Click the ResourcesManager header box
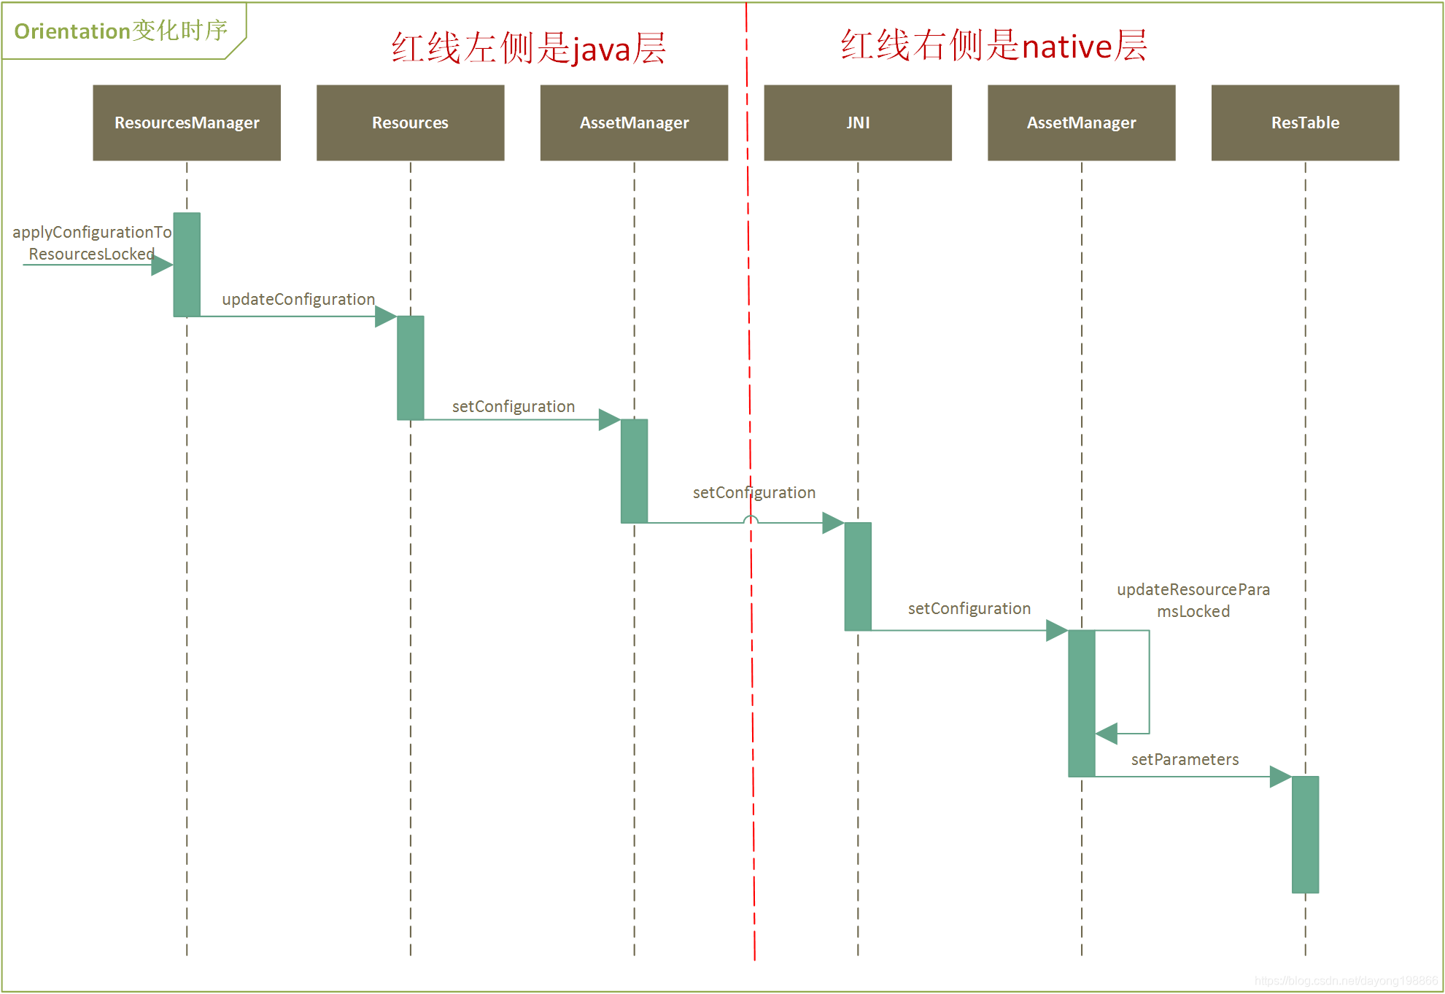(187, 123)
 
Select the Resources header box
(410, 123)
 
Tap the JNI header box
(858, 123)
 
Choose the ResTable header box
(1305, 123)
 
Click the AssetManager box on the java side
(634, 123)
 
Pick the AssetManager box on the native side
(1081, 123)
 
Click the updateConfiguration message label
(298, 299)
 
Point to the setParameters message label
(1185, 759)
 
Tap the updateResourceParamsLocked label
(1193, 600)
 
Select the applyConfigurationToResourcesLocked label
(91, 243)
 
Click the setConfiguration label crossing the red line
(754, 492)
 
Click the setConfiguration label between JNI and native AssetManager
(969, 608)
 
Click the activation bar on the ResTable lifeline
(1305, 834)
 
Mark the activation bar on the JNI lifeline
(858, 576)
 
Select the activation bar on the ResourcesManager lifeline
(187, 264)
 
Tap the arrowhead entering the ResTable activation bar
(1280, 777)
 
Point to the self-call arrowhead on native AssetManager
(1107, 734)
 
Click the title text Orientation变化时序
(121, 31)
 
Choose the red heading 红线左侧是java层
(528, 48)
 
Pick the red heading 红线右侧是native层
(993, 45)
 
